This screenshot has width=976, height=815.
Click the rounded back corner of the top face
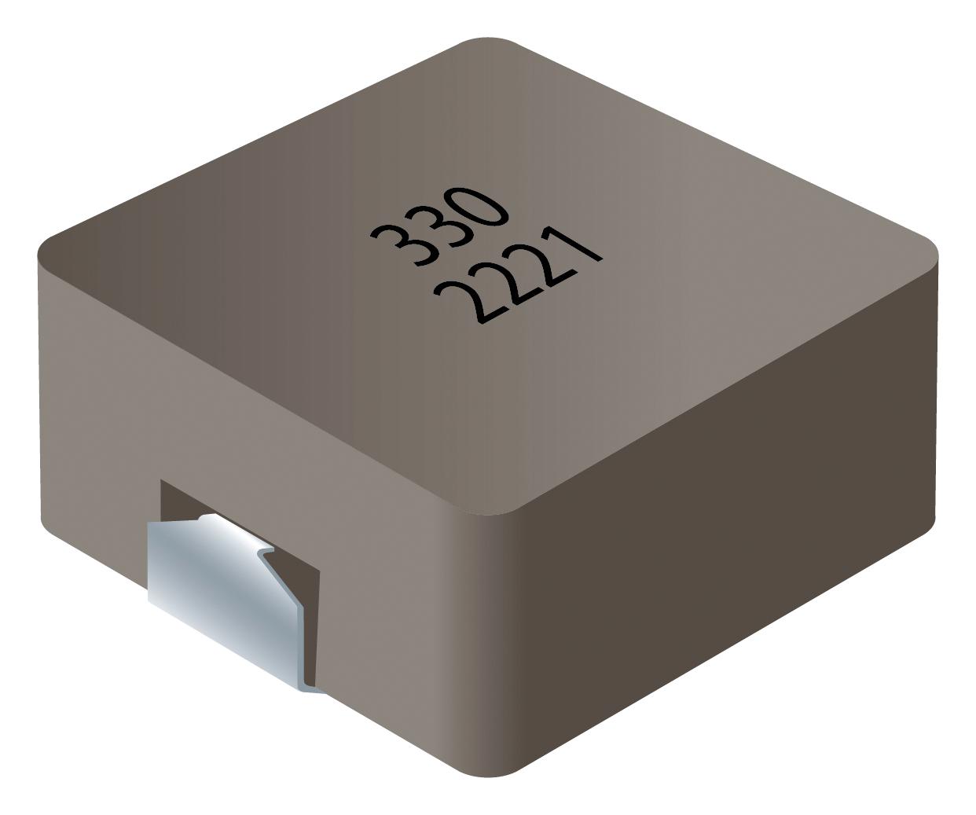(x=488, y=43)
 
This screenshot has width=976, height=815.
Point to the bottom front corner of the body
(x=487, y=770)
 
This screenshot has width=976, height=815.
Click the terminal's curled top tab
(x=206, y=519)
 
